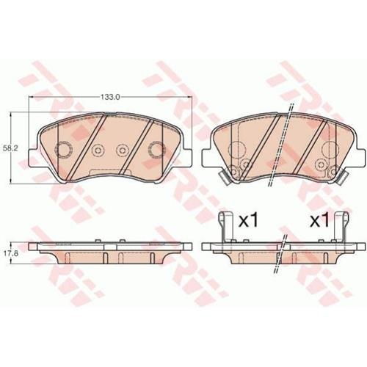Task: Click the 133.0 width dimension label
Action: pos(110,97)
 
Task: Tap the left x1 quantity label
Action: pos(248,221)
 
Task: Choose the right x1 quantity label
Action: pos(319,221)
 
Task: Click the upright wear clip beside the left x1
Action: pos(226,227)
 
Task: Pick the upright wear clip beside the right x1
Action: pos(342,227)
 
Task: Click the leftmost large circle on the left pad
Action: pos(63,149)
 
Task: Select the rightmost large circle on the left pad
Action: pos(157,149)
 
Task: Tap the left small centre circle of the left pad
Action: pos(98,150)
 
